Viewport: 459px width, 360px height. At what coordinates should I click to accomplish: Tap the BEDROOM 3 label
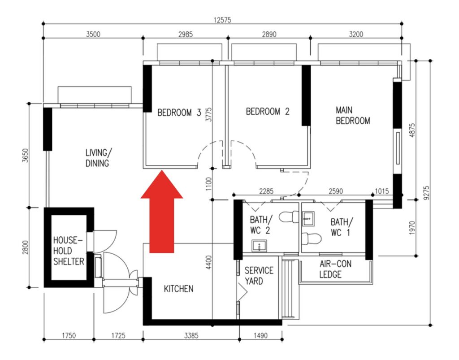(179, 113)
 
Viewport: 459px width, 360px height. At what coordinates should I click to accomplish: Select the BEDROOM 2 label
(268, 111)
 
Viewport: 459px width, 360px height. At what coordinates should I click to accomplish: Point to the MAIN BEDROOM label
(353, 115)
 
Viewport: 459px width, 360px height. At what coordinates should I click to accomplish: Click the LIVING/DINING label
(98, 158)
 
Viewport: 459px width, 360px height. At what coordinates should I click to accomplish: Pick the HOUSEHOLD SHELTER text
(69, 251)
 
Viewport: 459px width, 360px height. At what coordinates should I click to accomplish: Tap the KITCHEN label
(178, 289)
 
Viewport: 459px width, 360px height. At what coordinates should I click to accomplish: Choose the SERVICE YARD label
(259, 276)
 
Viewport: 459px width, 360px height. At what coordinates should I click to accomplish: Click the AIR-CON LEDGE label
(335, 269)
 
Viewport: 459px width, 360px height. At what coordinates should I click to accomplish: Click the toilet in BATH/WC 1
(311, 239)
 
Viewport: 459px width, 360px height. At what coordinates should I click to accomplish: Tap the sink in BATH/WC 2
(260, 246)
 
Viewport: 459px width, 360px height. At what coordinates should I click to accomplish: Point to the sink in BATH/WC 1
(308, 219)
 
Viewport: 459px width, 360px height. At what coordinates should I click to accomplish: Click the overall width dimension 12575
(222, 20)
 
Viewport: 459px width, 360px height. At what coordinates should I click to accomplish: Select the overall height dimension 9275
(427, 193)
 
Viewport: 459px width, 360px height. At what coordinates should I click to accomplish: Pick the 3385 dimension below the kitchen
(191, 335)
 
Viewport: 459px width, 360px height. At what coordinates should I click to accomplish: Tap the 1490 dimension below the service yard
(260, 335)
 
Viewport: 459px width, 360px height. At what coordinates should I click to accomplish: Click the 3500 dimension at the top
(93, 34)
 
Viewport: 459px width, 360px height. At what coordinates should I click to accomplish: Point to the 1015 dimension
(382, 191)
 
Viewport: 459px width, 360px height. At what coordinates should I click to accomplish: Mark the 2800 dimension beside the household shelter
(26, 247)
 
